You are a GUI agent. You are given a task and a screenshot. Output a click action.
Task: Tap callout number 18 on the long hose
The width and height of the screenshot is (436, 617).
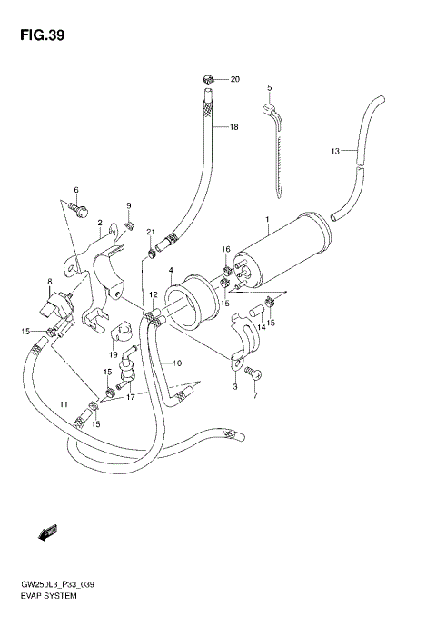233,127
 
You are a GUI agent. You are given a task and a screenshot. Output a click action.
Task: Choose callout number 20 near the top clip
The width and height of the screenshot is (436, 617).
234,80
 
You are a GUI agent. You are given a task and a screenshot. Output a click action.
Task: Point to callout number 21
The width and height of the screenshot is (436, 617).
151,233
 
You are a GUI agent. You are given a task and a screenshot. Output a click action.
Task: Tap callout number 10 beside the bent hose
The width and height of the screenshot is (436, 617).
178,363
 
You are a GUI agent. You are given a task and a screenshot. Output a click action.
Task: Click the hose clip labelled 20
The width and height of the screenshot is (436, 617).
208,79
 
